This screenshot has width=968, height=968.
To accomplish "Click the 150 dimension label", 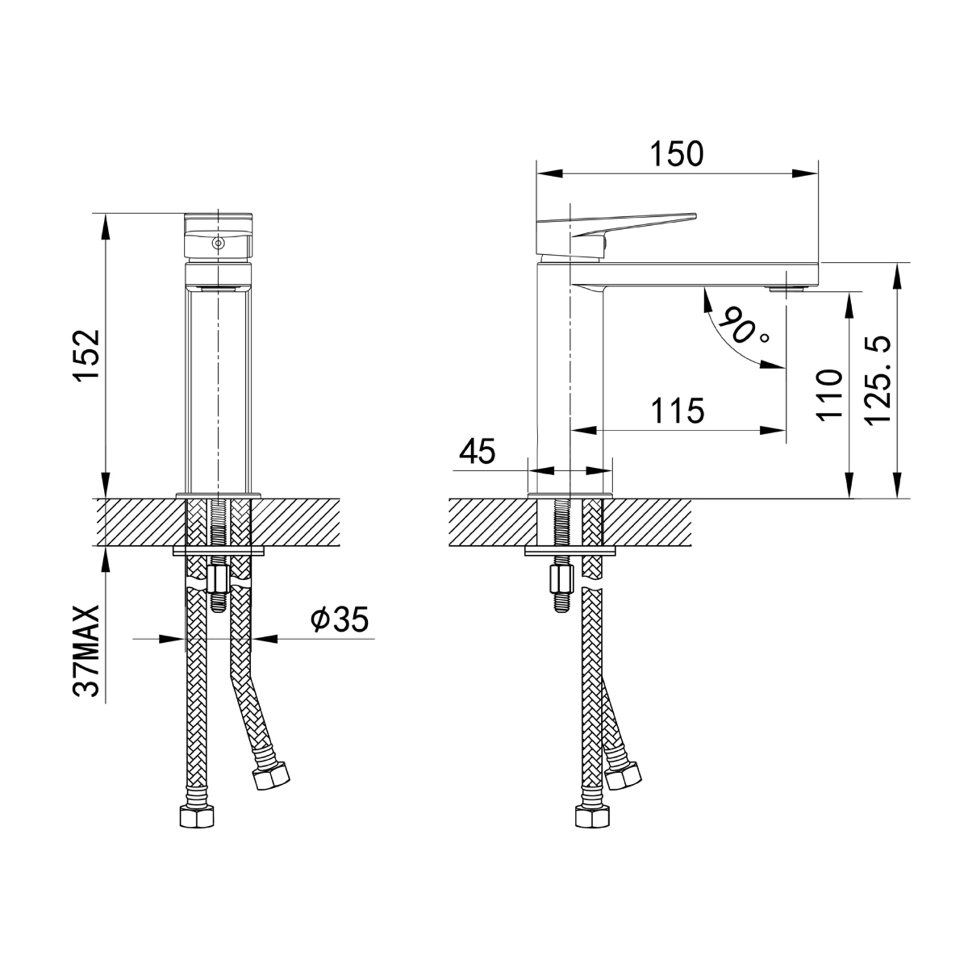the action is coord(676,154).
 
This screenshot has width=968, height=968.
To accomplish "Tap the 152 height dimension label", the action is coord(87,356).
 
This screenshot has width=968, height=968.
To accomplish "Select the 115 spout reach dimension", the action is coord(677,410).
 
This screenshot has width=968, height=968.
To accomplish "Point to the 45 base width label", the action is coord(477,451).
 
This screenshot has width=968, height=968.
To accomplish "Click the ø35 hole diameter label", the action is coord(339,620).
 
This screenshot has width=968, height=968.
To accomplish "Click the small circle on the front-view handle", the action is coord(218,244).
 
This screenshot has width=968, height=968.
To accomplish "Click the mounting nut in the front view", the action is coord(217,578).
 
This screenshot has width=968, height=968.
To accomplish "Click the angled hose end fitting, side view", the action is coord(623,774).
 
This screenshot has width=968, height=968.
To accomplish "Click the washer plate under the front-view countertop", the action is coord(219,551).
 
